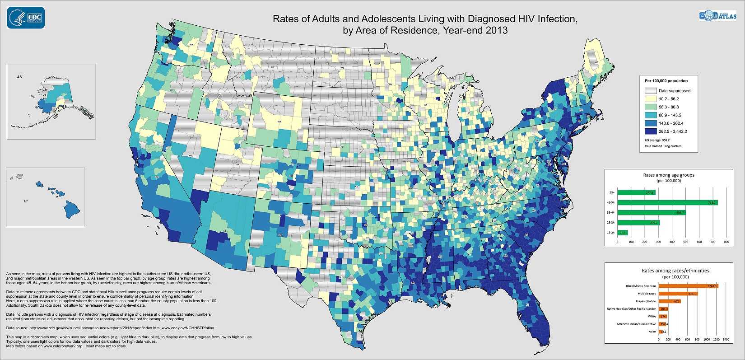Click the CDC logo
point(26,18)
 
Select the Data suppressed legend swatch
point(651,90)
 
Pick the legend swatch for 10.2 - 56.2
point(651,98)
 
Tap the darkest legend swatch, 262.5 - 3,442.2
point(651,131)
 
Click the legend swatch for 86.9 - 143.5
point(651,115)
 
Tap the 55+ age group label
point(611,192)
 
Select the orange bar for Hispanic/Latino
point(670,301)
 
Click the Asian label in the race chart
point(652,332)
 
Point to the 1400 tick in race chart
point(726,339)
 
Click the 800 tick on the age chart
point(726,242)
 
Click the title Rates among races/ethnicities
point(675,271)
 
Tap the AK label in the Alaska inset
point(19,77)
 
